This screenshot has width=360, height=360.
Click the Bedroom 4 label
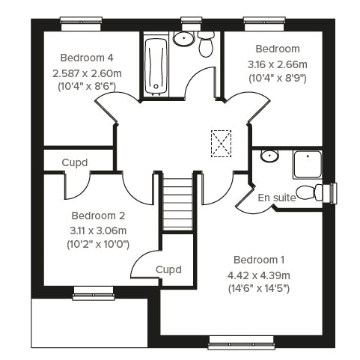[x=87, y=57]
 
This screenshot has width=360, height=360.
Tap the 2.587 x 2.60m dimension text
[x=87, y=73]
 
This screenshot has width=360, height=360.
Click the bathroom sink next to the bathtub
[x=183, y=38]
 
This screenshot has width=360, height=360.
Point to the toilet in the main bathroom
[x=207, y=44]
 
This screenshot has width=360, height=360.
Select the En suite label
[x=276, y=198]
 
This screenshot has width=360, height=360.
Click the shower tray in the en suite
[x=308, y=165]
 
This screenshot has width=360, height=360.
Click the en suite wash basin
[x=269, y=156]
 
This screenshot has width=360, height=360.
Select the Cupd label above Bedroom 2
[x=75, y=162]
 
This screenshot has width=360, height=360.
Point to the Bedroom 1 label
[x=258, y=260]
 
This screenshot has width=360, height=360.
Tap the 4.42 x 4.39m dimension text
[x=258, y=275]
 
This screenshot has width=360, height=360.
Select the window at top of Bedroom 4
[x=82, y=21]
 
